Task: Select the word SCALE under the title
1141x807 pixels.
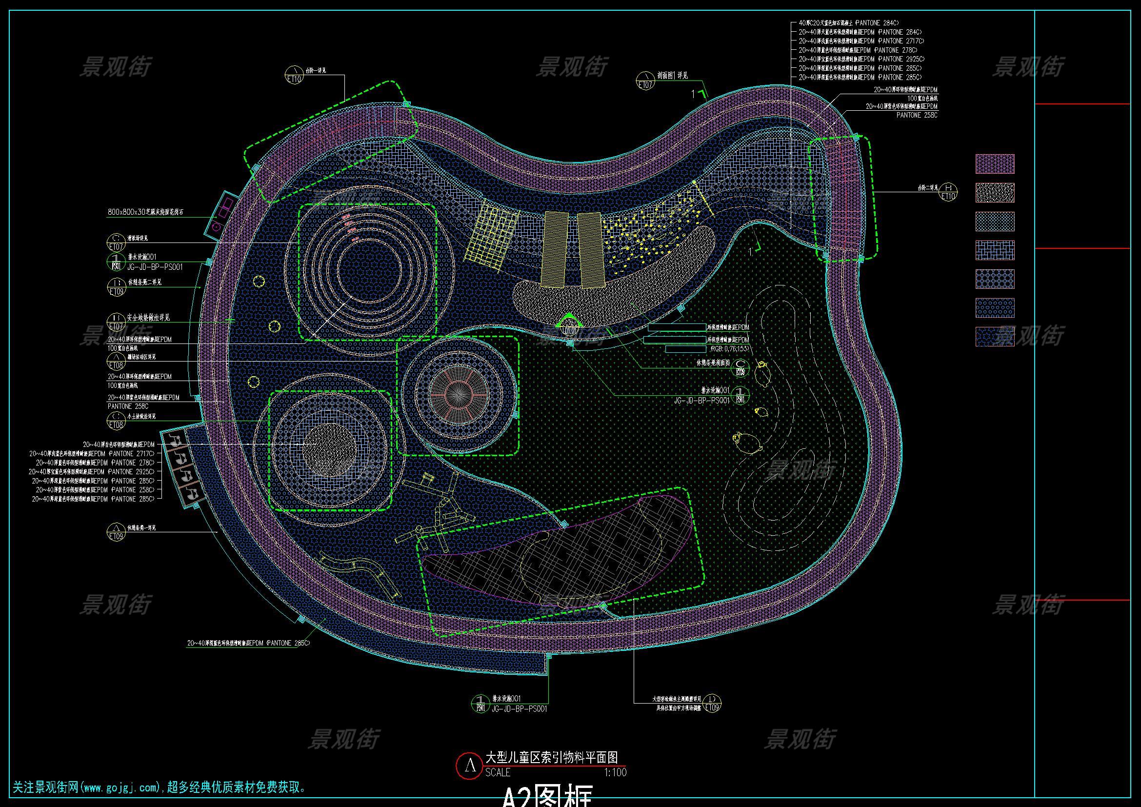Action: tap(498, 772)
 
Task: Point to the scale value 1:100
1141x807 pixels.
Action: tap(615, 772)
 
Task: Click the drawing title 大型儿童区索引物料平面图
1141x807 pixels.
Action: tap(552, 757)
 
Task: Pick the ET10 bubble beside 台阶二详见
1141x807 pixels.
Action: tap(948, 192)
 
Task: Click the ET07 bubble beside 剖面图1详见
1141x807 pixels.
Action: tap(645, 81)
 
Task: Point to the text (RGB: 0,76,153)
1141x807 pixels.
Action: tap(720, 349)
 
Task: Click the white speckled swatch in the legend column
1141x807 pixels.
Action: tap(995, 193)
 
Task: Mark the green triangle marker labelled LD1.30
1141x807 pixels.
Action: tap(569, 325)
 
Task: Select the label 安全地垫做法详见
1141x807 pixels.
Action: tap(144, 317)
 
